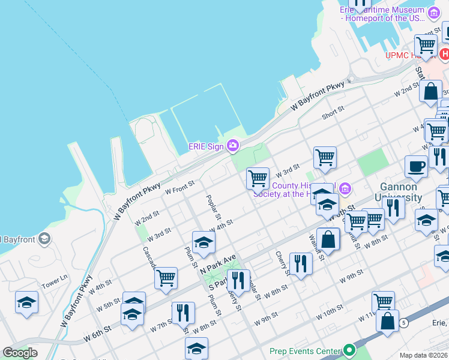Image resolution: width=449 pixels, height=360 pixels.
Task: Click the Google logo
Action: tap(20, 352)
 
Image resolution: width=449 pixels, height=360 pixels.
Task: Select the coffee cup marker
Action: tap(416, 167)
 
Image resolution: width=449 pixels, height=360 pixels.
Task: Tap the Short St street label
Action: tap(333, 112)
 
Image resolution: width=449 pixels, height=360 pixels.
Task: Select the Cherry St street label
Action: tap(282, 263)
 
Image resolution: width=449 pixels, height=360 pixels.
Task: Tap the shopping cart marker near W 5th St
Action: tap(166, 278)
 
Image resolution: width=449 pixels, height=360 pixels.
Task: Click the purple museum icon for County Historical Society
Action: tap(345, 189)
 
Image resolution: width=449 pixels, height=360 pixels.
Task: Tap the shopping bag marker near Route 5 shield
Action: tap(388, 320)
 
